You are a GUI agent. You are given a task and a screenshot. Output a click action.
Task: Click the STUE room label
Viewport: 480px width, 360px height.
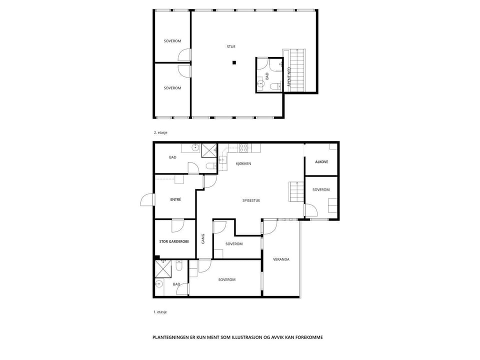[x=231, y=47]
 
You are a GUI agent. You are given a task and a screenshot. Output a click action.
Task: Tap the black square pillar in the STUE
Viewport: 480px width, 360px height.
[x=234, y=63]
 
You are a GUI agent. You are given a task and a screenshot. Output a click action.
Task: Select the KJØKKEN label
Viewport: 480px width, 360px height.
[x=243, y=164]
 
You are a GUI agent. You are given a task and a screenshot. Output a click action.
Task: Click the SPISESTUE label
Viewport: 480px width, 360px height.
[x=251, y=200]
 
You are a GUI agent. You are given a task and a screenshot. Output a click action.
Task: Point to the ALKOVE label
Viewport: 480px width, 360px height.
[x=321, y=162]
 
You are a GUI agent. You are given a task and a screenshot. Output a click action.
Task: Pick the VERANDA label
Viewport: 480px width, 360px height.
[x=281, y=259]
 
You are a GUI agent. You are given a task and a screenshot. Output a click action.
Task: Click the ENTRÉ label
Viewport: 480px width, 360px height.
[x=175, y=199]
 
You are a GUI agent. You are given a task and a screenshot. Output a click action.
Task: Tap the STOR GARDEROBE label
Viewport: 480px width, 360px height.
[x=174, y=241]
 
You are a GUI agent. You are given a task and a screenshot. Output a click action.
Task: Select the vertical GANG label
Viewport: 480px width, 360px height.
[x=203, y=239]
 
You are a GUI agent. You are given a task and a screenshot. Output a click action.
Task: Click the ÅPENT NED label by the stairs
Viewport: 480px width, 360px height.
[x=289, y=77]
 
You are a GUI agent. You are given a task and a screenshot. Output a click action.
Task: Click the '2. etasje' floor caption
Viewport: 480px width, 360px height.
[x=160, y=133]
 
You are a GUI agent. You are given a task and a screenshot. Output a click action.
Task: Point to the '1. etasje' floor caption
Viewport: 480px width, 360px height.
[x=160, y=312]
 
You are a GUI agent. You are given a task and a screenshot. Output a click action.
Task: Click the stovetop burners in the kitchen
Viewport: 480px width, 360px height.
[x=243, y=148]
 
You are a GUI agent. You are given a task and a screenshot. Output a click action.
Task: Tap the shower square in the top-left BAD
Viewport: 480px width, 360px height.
[x=209, y=150]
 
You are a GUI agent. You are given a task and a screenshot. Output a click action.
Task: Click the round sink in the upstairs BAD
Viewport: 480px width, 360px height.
[x=260, y=83]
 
